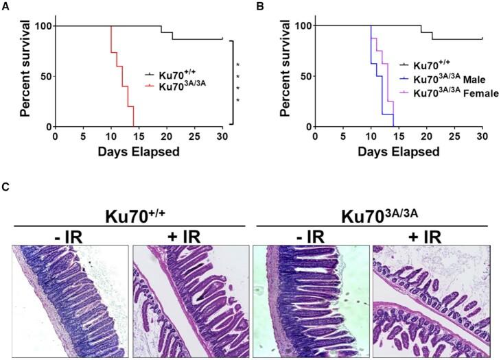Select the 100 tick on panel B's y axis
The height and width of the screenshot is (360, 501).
tap(301, 26)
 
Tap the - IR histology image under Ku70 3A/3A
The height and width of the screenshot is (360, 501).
tap(310, 301)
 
